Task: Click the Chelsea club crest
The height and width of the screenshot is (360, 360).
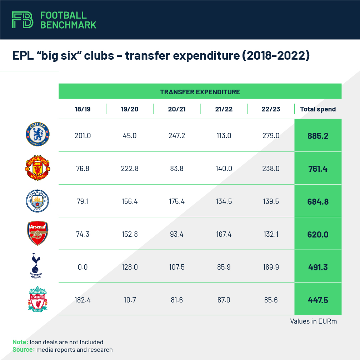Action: point(37,135)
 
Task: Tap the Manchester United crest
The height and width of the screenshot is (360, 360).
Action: point(37,168)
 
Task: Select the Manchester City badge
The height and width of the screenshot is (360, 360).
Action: point(37,201)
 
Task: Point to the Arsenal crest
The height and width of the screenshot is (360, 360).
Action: point(37,234)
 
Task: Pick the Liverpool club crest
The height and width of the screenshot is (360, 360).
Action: point(37,299)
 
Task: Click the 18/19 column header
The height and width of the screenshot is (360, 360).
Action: point(82,109)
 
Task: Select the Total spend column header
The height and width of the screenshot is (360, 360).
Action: point(318,109)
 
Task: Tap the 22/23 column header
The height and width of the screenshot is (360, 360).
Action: point(270,109)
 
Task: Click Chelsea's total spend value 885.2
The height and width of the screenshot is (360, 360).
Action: point(318,136)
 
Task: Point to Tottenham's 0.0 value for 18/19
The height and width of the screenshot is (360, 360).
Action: point(82,267)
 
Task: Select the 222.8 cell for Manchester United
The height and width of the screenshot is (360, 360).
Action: point(130,169)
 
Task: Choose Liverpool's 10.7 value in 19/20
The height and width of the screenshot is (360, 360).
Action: point(130,300)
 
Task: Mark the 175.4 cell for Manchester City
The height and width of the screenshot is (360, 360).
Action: point(177,201)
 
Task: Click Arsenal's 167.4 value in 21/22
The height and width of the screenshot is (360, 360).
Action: point(224,234)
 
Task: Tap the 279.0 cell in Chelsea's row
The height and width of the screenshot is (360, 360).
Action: point(270,136)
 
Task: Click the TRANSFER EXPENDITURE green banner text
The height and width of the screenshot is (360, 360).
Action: point(200,92)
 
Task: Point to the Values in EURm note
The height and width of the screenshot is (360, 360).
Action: point(313,321)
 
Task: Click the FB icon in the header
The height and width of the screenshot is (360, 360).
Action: point(22,20)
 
